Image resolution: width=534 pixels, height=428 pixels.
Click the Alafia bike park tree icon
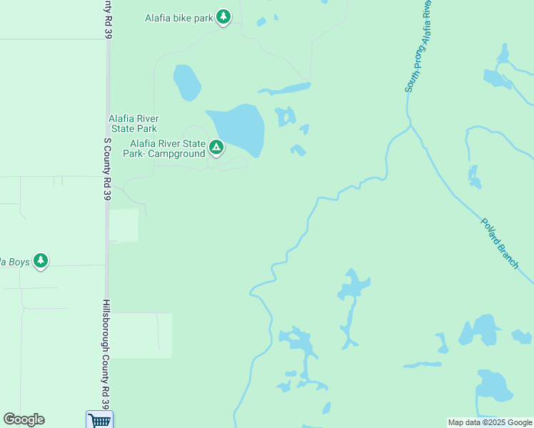point(223,17)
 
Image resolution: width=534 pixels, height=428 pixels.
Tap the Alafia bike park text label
point(179,18)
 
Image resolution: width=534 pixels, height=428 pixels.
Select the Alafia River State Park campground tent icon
point(216,148)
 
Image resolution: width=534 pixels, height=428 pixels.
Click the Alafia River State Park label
point(133,123)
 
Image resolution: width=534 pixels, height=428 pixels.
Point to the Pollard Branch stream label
point(499,243)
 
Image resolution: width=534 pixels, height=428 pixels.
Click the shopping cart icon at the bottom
point(99,420)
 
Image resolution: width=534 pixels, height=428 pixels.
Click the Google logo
point(24,419)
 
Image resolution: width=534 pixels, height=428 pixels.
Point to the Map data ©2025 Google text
point(490,422)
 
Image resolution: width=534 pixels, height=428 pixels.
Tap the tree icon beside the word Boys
point(41,261)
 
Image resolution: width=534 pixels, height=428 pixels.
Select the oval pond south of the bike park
point(186,82)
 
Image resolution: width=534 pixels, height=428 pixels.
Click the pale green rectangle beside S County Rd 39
point(124,225)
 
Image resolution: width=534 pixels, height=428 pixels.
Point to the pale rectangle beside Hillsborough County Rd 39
point(141,335)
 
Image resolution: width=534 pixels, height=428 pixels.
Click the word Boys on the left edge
point(19,262)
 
